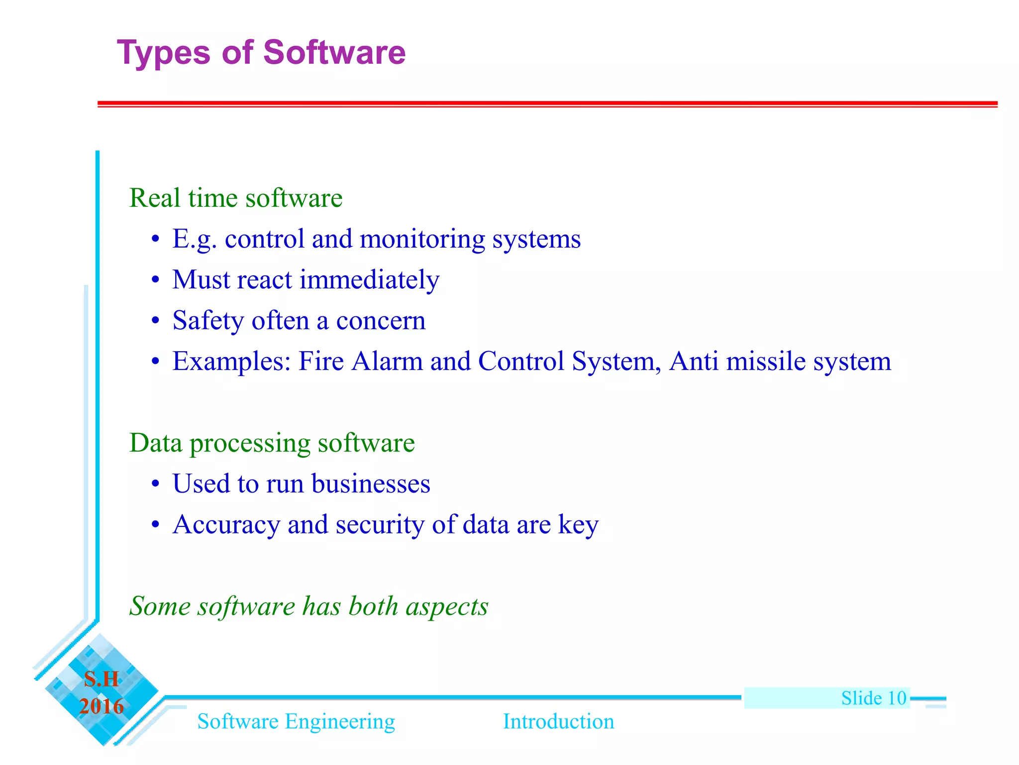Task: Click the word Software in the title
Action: [x=334, y=52]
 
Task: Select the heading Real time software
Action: [x=236, y=198]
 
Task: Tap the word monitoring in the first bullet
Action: [x=422, y=239]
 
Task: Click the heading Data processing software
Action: [x=272, y=443]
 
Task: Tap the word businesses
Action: [x=371, y=484]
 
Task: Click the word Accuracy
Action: [x=226, y=525]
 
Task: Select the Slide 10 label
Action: [x=873, y=698]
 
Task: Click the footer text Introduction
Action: [x=558, y=722]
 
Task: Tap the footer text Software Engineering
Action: [x=296, y=722]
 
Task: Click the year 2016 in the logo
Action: [x=102, y=707]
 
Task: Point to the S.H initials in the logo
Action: [x=102, y=679]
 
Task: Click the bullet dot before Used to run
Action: [x=156, y=484]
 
